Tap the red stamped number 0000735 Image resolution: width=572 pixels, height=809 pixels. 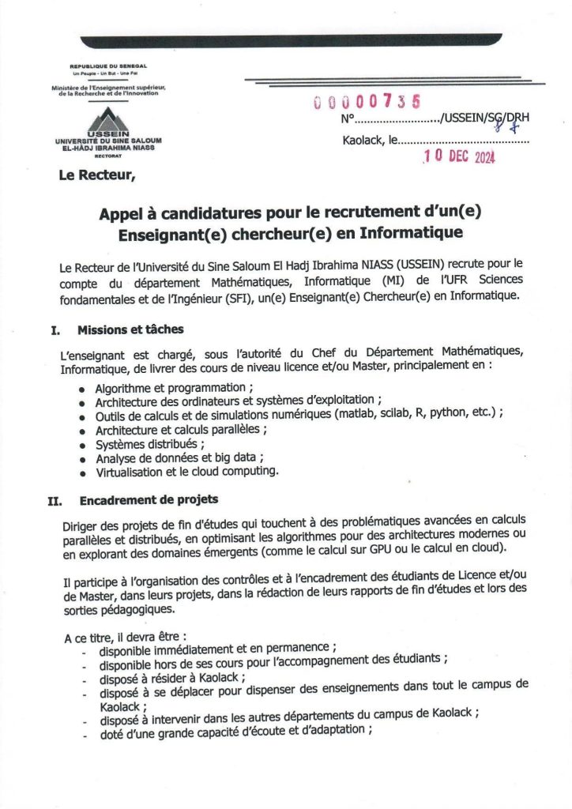[x=367, y=101]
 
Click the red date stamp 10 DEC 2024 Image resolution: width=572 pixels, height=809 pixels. [x=459, y=156]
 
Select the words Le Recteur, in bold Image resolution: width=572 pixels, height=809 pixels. [x=97, y=175]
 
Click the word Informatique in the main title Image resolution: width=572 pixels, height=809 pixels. [x=411, y=233]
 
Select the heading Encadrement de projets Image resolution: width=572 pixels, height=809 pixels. [x=149, y=500]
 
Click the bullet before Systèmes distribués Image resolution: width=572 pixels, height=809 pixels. [x=83, y=445]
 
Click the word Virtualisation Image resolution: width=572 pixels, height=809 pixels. [x=131, y=472]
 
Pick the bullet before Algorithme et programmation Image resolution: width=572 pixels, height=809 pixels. [x=83, y=389]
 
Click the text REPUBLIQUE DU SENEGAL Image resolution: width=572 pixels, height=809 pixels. [x=108, y=66]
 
